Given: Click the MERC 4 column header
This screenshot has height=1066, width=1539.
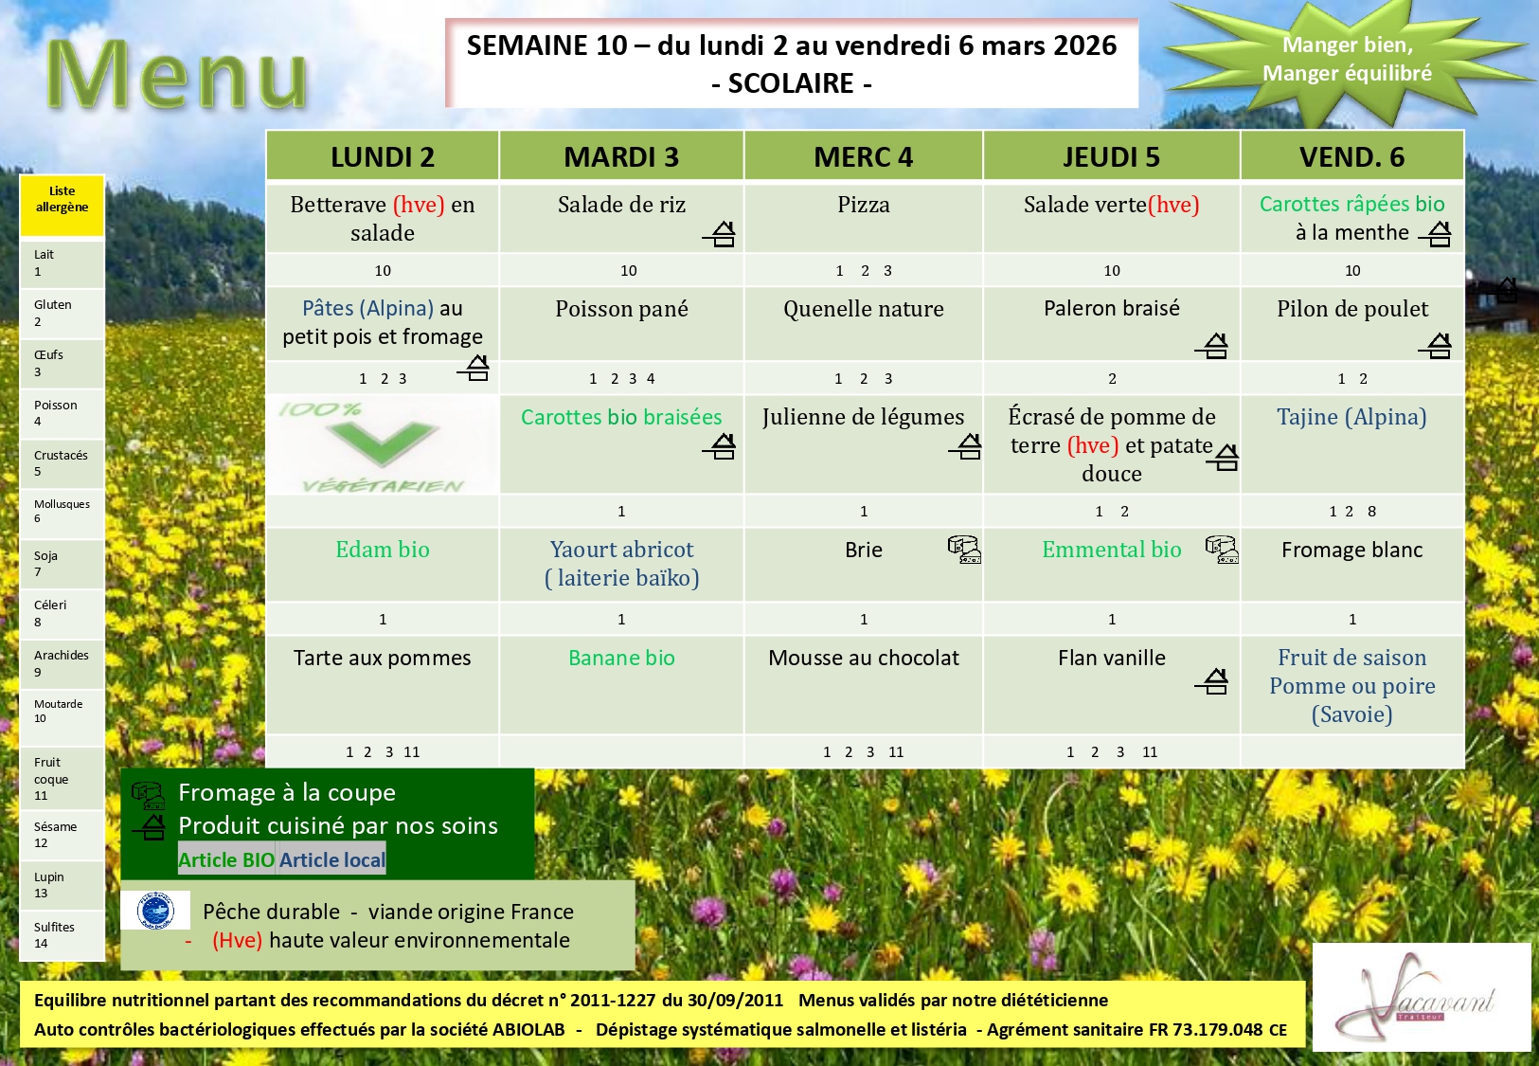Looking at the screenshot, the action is pyautogui.click(x=863, y=156).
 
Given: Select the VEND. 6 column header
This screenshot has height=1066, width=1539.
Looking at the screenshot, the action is pyautogui.click(x=1351, y=156).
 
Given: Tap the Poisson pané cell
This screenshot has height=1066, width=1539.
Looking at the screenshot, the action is pyautogui.click(x=621, y=309).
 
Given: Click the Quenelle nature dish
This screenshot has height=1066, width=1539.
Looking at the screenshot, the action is pyautogui.click(x=863, y=309).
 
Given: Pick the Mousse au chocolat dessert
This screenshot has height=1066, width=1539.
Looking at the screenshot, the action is pyautogui.click(x=863, y=658).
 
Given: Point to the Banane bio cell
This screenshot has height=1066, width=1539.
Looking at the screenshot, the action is pyautogui.click(x=621, y=658).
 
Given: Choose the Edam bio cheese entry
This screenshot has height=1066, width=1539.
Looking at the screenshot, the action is pyautogui.click(x=382, y=550).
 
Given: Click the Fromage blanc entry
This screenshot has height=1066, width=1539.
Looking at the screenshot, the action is pyautogui.click(x=1351, y=550).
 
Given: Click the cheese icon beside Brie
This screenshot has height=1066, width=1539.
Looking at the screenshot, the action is pyautogui.click(x=964, y=550).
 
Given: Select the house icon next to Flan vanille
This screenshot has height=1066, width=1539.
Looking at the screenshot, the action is pyautogui.click(x=1211, y=681).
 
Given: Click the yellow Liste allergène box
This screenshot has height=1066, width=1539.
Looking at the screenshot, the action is pyautogui.click(x=62, y=206).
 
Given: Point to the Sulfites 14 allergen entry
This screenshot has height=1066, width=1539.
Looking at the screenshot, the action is pyautogui.click(x=62, y=934).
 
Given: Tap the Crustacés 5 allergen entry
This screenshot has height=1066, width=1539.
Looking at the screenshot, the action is pyautogui.click(x=62, y=463).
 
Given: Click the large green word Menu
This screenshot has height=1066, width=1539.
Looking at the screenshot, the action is pyautogui.click(x=176, y=74).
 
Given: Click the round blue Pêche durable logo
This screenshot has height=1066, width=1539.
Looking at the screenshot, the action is pyautogui.click(x=155, y=911).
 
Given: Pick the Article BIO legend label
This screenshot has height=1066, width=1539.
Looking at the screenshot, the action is pyautogui.click(x=226, y=859).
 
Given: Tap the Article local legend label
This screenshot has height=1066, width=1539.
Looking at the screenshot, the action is pyautogui.click(x=331, y=859).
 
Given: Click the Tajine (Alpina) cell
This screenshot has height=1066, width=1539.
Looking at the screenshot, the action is pyautogui.click(x=1351, y=417).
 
